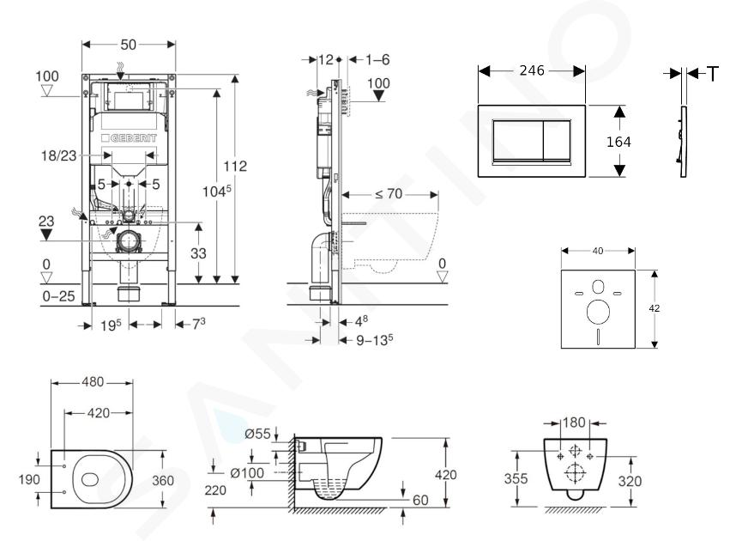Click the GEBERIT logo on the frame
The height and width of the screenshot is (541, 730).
point(129,138)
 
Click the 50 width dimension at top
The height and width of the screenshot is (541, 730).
point(129,45)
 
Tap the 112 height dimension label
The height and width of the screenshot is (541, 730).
point(235,166)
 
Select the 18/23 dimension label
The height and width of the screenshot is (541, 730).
point(58,155)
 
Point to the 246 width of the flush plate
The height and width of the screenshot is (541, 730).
point(532,70)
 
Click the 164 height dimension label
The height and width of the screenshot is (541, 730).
point(618,142)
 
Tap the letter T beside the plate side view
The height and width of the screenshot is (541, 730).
point(713,74)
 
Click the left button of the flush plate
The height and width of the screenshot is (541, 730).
point(518,140)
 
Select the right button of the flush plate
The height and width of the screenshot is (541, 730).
point(557,140)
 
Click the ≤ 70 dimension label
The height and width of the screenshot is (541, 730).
point(389,193)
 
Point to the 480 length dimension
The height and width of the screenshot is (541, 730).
point(93,382)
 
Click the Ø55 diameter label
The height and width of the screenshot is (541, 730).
point(257,434)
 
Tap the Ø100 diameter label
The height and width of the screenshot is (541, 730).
point(247,473)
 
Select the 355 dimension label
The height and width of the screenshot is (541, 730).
point(516,478)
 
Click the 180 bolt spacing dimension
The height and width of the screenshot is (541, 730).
point(574,422)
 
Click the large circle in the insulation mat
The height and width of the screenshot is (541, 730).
point(598,312)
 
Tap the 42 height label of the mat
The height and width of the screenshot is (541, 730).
point(655,308)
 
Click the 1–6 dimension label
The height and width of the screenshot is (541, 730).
point(377,59)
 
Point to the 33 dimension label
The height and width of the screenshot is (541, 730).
point(198,253)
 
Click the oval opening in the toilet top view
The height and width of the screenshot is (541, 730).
point(90,479)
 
